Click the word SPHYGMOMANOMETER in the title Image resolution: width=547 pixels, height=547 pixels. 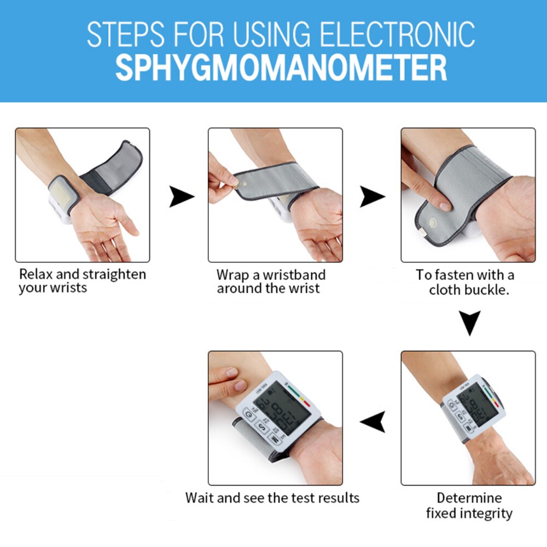(281, 67)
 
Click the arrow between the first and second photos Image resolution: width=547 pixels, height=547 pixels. (181, 196)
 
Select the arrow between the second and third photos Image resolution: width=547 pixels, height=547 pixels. (372, 196)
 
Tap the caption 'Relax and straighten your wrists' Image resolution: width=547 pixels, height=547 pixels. (82, 280)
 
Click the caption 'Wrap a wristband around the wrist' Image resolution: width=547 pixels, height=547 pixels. (270, 281)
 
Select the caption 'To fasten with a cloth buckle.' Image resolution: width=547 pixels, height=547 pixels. (468, 282)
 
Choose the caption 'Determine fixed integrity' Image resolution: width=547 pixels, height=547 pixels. (469, 505)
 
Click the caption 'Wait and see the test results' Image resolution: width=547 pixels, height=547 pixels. (272, 498)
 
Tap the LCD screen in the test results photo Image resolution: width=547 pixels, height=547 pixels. (282, 408)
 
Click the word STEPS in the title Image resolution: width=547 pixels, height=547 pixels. (121, 34)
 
